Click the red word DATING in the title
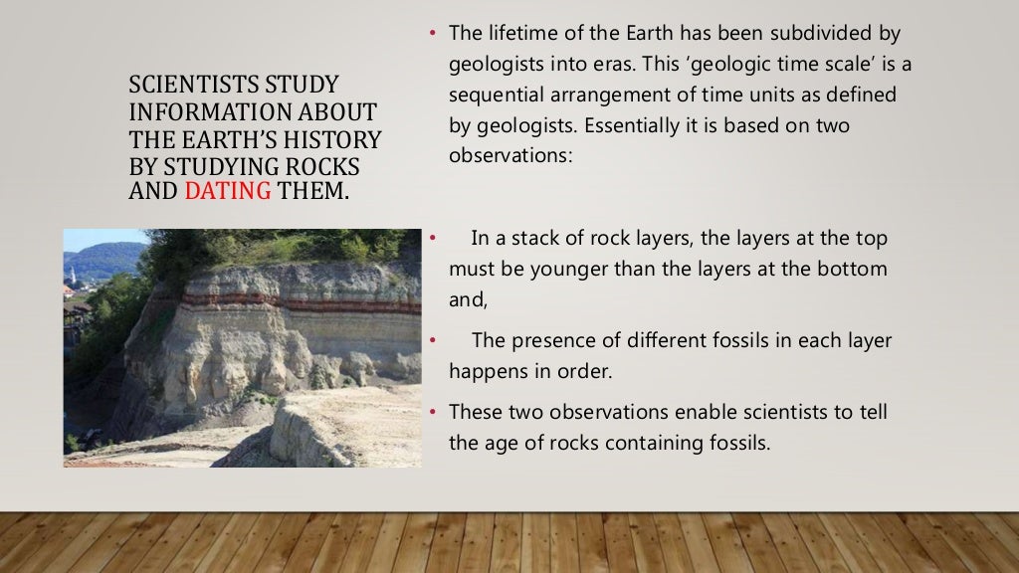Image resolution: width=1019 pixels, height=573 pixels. coord(228,190)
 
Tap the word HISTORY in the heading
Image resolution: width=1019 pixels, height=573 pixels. coord(334,138)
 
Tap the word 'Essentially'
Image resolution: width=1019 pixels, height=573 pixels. coord(633,125)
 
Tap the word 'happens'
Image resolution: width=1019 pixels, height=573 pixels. coord(487,372)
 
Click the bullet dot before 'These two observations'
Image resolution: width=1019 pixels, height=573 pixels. coord(434,412)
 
